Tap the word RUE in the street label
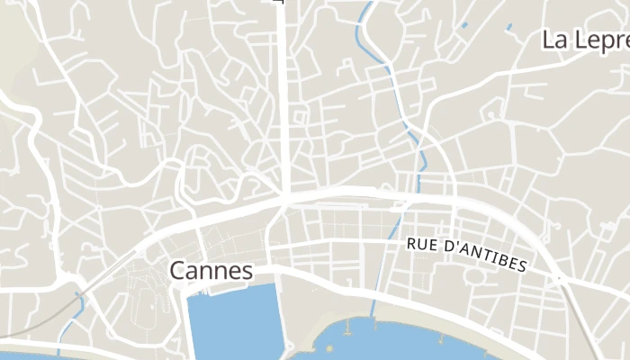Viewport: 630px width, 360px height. click(422, 244)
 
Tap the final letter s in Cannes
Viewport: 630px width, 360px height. click(247, 272)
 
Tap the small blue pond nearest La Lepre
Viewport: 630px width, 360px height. click(508, 26)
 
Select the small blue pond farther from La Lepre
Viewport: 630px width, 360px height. click(464, 24)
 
